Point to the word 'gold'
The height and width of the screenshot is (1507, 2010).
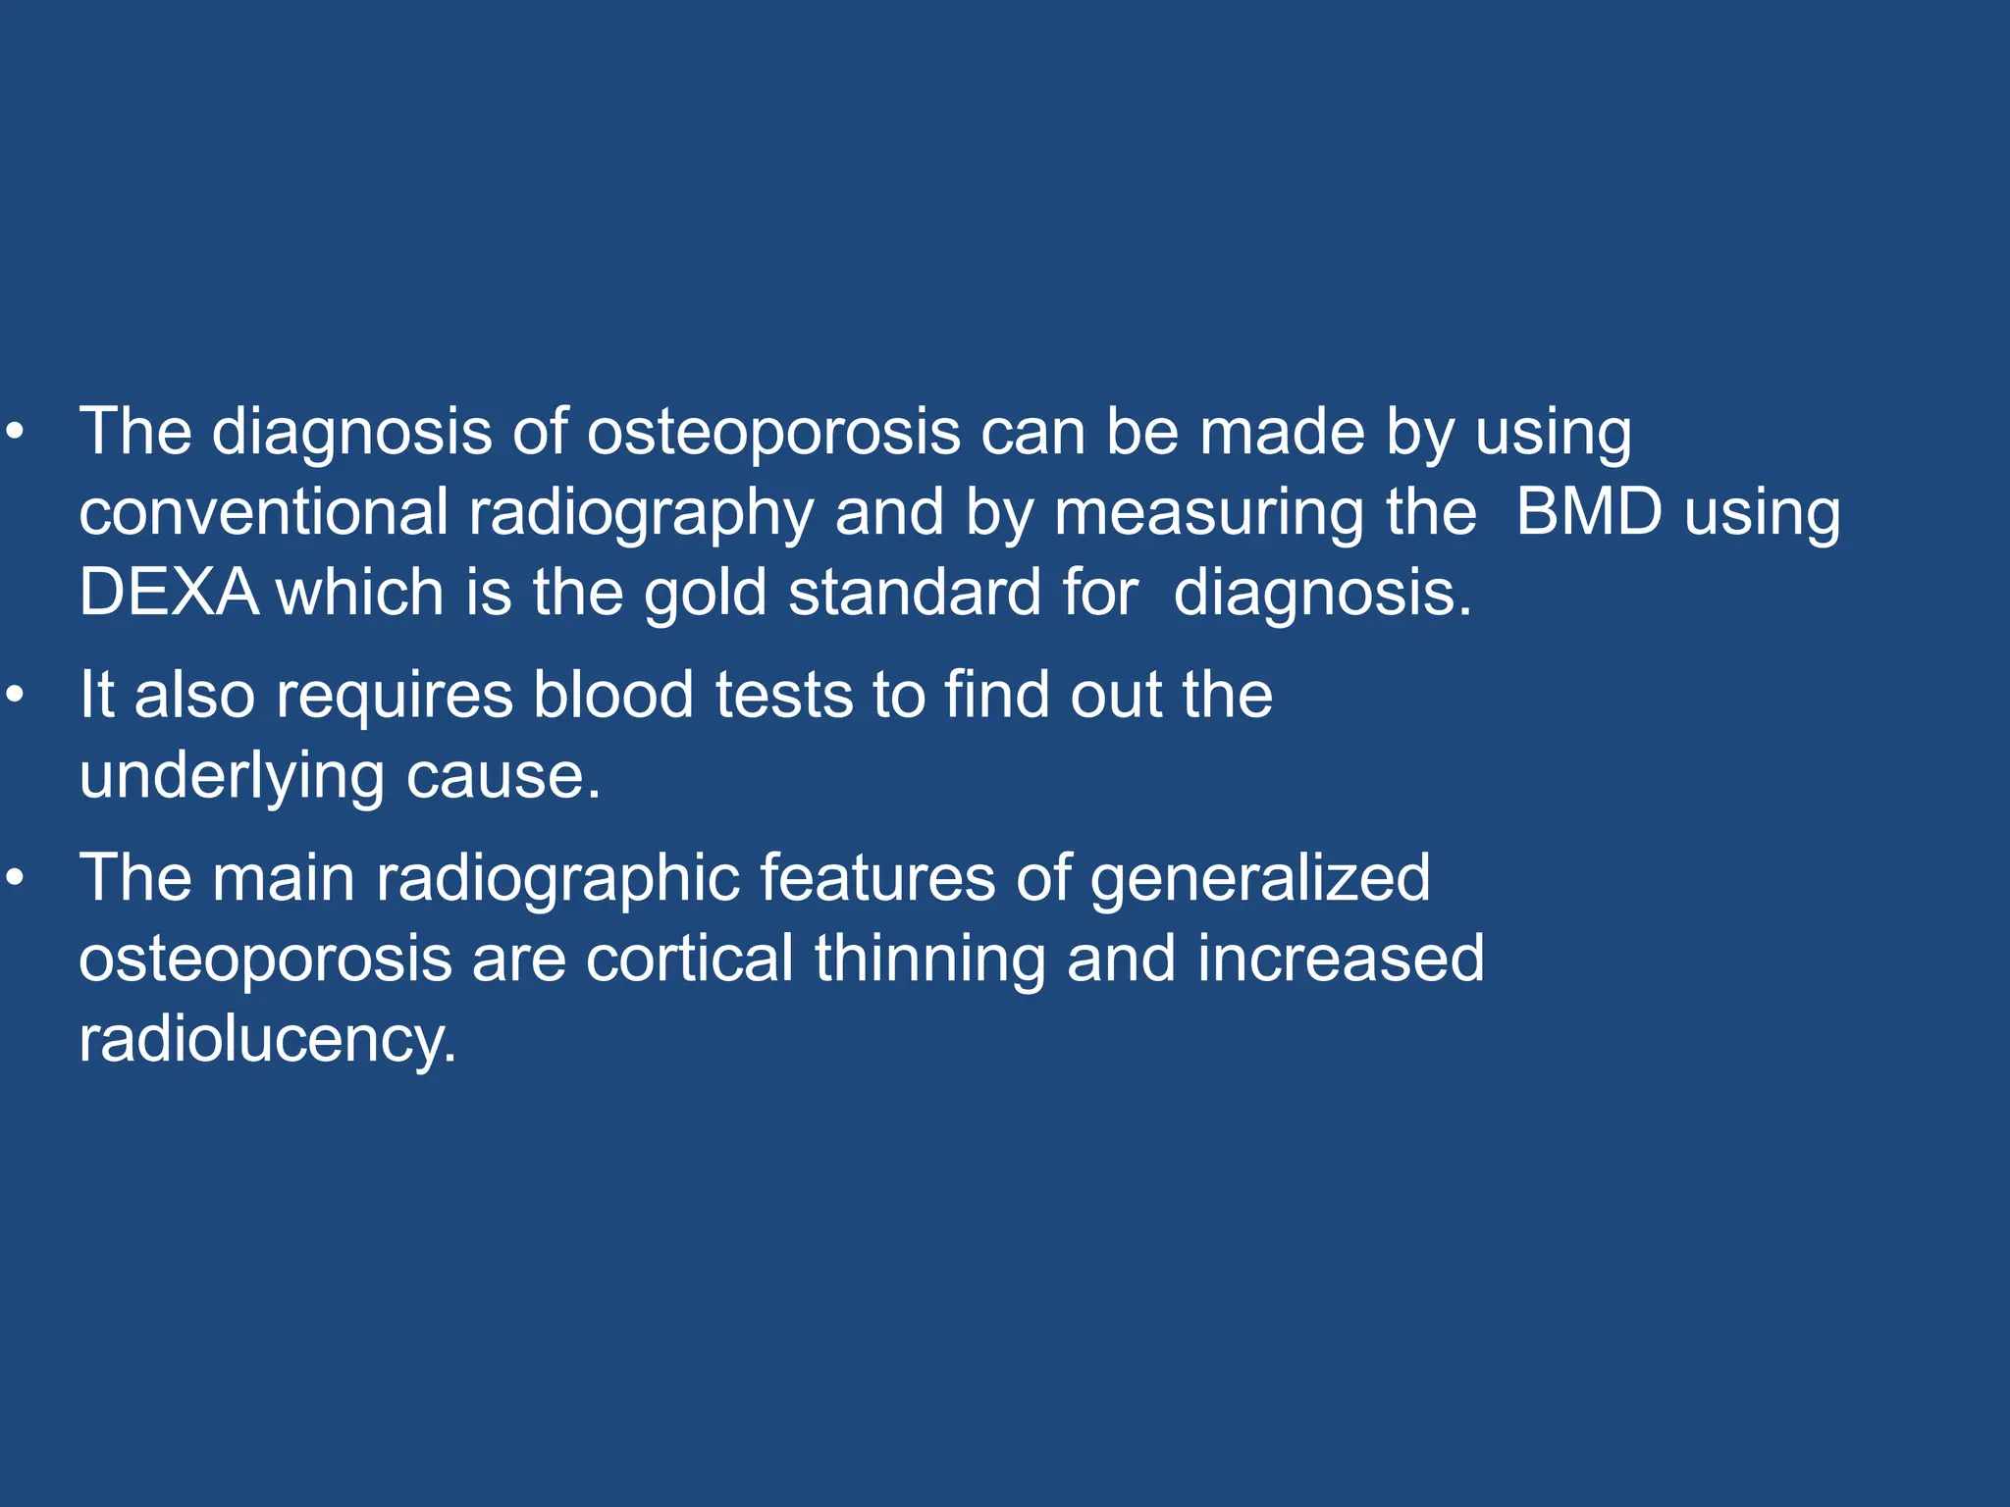pyautogui.click(x=705, y=595)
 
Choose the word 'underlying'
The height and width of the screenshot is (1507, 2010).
pyautogui.click(x=232, y=777)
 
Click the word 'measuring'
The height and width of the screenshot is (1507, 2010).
pyautogui.click(x=1209, y=514)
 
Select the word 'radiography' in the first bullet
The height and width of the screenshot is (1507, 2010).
pyautogui.click(x=641, y=514)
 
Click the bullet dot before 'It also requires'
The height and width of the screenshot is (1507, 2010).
pyautogui.click(x=14, y=696)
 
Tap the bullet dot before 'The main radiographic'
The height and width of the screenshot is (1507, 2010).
pyautogui.click(x=14, y=878)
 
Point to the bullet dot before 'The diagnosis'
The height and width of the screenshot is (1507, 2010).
pyautogui.click(x=14, y=432)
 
